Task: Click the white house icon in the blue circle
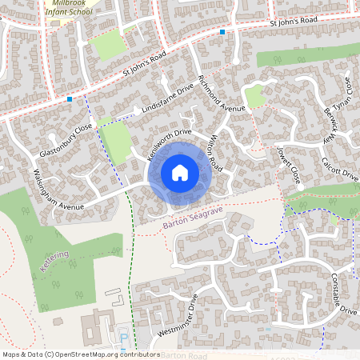click(180, 172)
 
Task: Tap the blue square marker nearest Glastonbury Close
click(70, 99)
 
